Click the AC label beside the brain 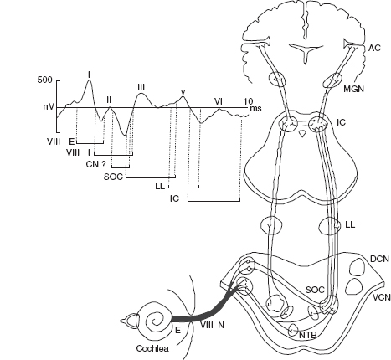point(374,48)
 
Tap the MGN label point(353,89)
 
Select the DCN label point(379,259)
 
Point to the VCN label point(382,297)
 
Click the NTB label point(308,335)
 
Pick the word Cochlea point(152,348)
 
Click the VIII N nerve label point(212,325)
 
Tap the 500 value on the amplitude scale point(44,80)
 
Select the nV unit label point(48,106)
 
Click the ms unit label point(255,108)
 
